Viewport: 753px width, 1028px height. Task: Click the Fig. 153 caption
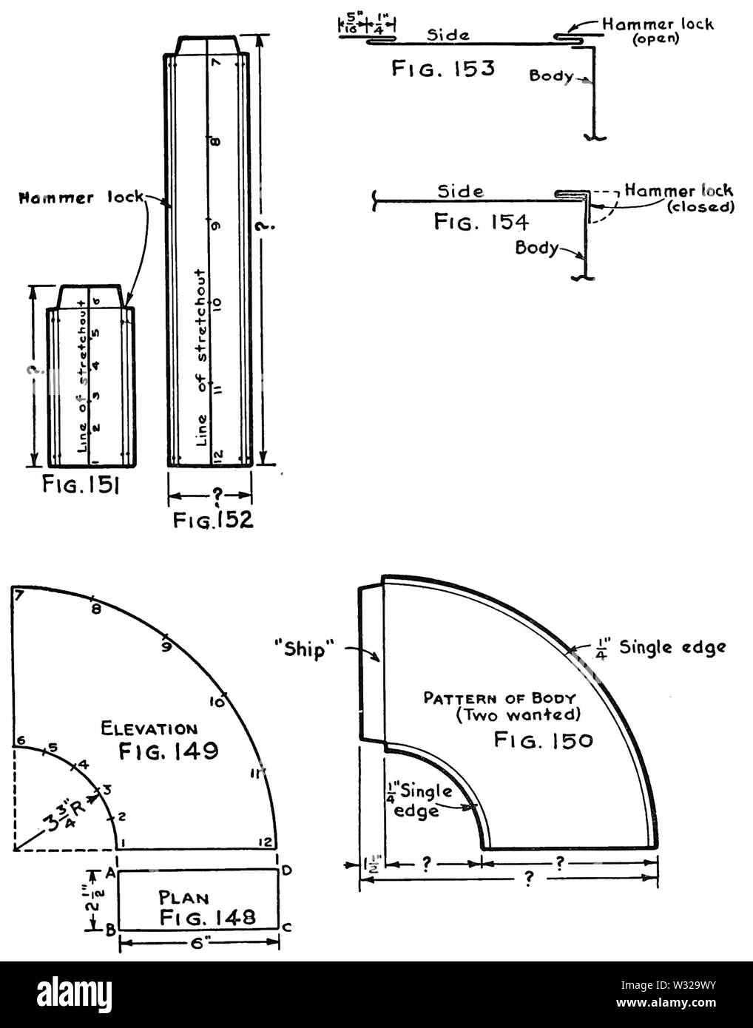(442, 70)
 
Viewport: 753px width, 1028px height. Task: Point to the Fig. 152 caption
(213, 519)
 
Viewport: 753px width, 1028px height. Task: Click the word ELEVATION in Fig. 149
(149, 729)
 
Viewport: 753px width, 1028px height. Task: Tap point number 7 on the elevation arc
(19, 593)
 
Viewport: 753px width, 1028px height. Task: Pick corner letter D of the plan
(287, 870)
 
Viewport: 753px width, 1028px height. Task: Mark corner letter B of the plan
(109, 931)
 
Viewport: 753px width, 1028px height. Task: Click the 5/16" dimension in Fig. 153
(348, 26)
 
